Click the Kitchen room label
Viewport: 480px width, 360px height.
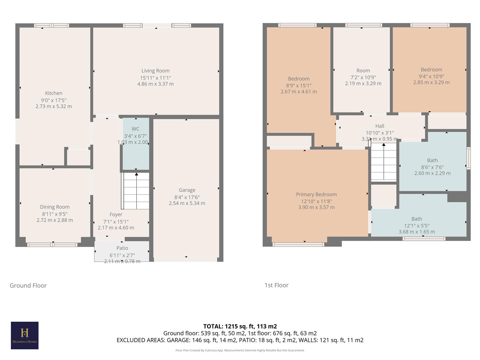coord(54,93)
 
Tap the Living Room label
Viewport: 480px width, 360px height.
coord(155,71)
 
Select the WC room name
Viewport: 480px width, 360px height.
coord(135,129)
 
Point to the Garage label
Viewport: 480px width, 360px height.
coord(187,190)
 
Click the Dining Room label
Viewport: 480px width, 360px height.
coord(55,207)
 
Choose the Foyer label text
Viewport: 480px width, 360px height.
coord(116,215)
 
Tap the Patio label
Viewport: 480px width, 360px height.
coord(122,248)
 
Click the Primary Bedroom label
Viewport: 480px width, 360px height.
coord(316,194)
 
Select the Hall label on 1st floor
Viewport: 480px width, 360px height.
coord(380,126)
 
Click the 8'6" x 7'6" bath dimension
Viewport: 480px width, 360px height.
coord(432,167)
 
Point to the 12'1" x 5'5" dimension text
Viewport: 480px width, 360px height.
coord(417,226)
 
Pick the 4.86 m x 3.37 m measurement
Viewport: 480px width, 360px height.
coord(155,84)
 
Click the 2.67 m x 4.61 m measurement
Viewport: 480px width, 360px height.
coord(299,92)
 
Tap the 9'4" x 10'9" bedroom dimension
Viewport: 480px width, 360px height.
coord(431,76)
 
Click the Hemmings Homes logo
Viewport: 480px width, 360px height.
coord(25,335)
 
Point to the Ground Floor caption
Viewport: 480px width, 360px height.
coord(28,286)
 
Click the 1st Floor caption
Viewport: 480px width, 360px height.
coord(276,285)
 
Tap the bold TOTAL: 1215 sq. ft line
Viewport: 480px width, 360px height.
coord(240,326)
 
